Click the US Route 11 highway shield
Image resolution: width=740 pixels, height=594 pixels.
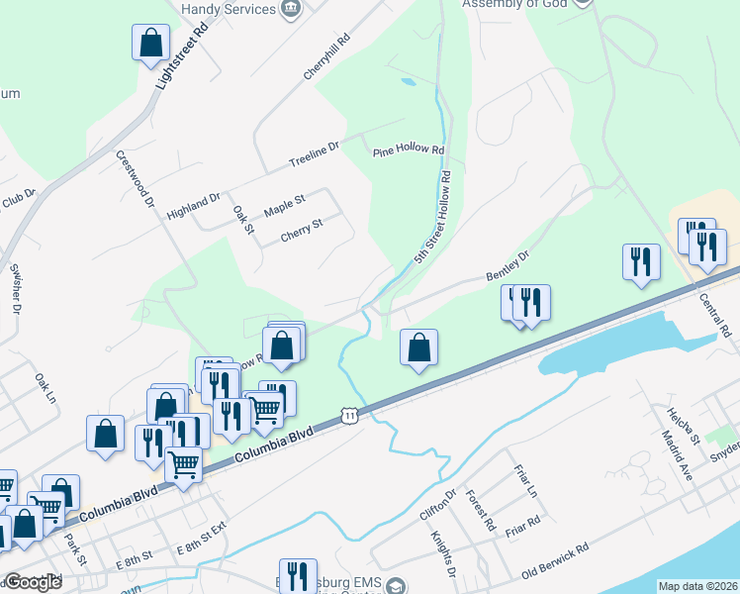tap(350, 416)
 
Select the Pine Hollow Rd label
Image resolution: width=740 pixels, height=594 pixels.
tap(409, 150)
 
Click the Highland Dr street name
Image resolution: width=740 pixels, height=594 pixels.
tap(193, 205)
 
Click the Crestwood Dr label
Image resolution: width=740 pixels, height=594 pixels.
tap(137, 178)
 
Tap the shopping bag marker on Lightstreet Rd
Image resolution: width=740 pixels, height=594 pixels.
tap(150, 44)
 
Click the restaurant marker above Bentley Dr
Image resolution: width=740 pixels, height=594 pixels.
tap(641, 262)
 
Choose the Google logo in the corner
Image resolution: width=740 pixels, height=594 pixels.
tap(33, 582)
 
